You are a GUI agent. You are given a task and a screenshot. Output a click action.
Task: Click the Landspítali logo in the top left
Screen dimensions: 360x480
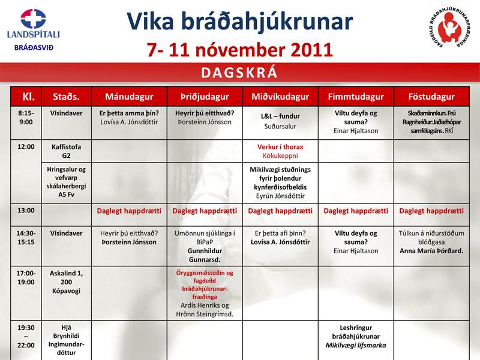pos(33,24)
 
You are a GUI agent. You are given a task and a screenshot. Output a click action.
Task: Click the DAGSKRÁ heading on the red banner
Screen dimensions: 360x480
pos(239,73)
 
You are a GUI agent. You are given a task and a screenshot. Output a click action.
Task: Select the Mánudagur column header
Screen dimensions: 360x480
pos(129,97)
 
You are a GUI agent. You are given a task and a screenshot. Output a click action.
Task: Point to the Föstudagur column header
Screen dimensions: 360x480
pos(431,97)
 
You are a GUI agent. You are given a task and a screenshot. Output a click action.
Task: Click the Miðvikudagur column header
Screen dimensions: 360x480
pos(280,97)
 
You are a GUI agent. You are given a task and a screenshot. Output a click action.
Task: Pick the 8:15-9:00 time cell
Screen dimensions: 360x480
pos(26,117)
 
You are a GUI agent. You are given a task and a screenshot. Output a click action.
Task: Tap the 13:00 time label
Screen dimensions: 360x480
pos(26,211)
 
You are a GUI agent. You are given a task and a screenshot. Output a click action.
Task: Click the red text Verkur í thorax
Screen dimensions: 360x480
pos(280,146)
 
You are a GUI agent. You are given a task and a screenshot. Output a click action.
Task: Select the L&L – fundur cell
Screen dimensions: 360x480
pos(280,121)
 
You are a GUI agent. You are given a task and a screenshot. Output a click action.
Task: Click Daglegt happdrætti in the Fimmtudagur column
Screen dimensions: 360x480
pos(356,211)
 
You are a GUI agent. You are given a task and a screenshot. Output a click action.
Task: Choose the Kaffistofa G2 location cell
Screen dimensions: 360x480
pos(66,151)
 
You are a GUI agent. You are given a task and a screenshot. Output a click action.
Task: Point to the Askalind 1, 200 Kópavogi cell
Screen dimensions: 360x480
pos(66,282)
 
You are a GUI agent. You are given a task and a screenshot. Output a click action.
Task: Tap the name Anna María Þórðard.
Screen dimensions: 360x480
pos(431,251)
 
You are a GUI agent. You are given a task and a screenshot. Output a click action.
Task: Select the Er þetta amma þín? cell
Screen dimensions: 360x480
pos(129,117)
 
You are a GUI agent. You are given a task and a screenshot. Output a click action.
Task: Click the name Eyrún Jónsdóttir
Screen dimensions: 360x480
pos(280,196)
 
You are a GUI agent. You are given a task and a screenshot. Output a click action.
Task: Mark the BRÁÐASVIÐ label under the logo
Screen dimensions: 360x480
pos(34,47)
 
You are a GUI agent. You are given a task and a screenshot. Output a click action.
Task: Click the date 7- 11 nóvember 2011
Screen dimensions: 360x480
pos(239,49)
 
